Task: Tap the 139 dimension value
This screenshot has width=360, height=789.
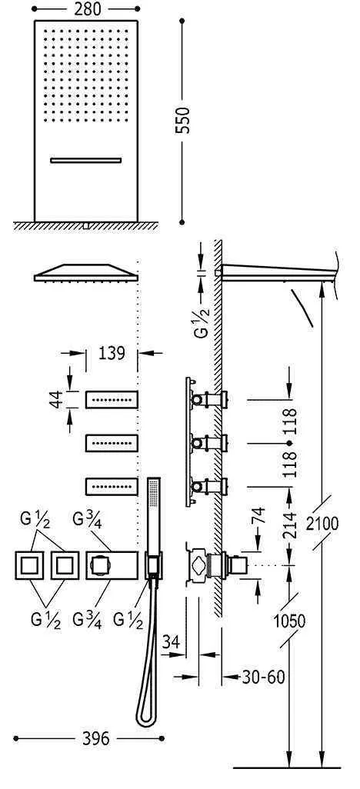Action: [x=112, y=353]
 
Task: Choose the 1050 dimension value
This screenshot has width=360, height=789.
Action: [x=289, y=621]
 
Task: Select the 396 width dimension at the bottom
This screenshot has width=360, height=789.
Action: [x=95, y=739]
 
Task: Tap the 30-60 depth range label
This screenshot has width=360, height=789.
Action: [x=263, y=677]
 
